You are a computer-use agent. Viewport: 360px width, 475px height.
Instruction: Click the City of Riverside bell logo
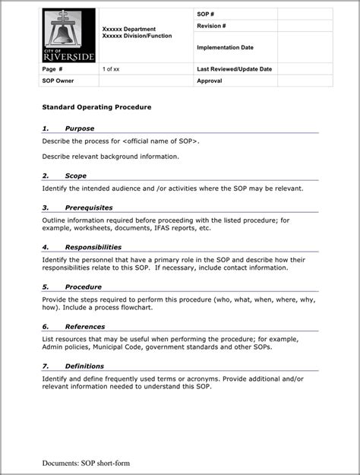pyautogui.click(x=68, y=36)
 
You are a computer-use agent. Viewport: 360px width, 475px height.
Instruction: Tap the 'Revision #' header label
pyautogui.click(x=211, y=26)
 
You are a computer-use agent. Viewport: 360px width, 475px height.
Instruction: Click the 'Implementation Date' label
pyautogui.click(x=225, y=47)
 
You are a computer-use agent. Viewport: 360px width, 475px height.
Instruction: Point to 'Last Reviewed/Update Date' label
pyautogui.click(x=234, y=69)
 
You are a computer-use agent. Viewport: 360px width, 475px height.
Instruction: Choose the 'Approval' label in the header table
pyautogui.click(x=209, y=80)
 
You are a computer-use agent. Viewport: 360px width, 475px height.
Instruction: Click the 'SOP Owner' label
pyautogui.click(x=58, y=80)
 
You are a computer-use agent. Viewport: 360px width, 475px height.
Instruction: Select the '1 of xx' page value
pyautogui.click(x=111, y=69)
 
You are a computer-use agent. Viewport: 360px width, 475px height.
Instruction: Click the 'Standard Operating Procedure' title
pyautogui.click(x=96, y=107)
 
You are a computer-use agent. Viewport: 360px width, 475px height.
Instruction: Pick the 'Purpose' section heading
pyautogui.click(x=80, y=128)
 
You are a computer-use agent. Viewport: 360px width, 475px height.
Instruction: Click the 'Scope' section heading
pyautogui.click(x=75, y=176)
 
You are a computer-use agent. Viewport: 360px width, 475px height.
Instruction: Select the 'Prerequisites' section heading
pyautogui.click(x=89, y=207)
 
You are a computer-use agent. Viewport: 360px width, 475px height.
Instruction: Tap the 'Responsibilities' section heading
pyautogui.click(x=93, y=247)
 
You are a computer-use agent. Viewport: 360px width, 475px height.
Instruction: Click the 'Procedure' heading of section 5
pyautogui.click(x=84, y=287)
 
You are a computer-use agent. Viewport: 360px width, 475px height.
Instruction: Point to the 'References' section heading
pyautogui.click(x=85, y=327)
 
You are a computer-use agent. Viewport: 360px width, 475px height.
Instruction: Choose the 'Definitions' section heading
pyautogui.click(x=84, y=366)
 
